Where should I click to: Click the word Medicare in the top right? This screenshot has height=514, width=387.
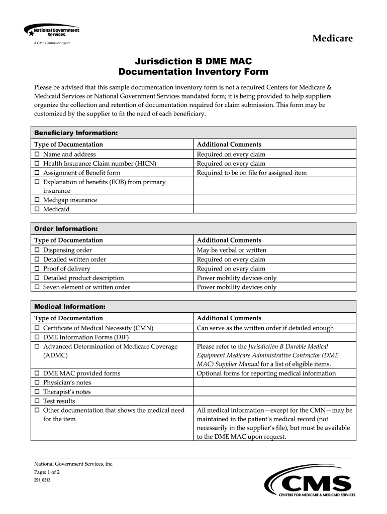coord(332,38)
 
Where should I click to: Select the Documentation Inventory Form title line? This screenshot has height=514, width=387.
coord(193,72)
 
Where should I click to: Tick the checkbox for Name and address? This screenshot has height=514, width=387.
coord(37,154)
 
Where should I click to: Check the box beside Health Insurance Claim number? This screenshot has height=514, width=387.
coord(37,164)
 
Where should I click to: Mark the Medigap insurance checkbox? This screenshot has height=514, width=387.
coord(37,200)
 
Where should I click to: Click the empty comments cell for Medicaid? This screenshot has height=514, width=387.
coord(274,209)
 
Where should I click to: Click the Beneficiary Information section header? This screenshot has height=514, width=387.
coord(76,133)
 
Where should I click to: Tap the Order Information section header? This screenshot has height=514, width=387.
coord(65,228)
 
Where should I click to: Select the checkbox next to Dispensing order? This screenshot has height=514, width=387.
coord(37,250)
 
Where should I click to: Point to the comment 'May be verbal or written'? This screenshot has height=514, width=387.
coord(232,250)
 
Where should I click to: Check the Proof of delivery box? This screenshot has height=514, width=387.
coord(37,269)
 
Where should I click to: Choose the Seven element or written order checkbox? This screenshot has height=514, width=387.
coord(37,287)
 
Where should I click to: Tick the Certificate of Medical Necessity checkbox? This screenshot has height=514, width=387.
coord(37,328)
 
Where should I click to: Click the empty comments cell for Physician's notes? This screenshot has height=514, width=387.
coord(274,382)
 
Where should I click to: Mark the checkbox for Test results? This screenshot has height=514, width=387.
coord(37,401)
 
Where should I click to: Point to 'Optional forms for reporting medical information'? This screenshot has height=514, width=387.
coord(266,373)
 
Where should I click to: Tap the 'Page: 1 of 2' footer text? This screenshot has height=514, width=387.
coord(47,472)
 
